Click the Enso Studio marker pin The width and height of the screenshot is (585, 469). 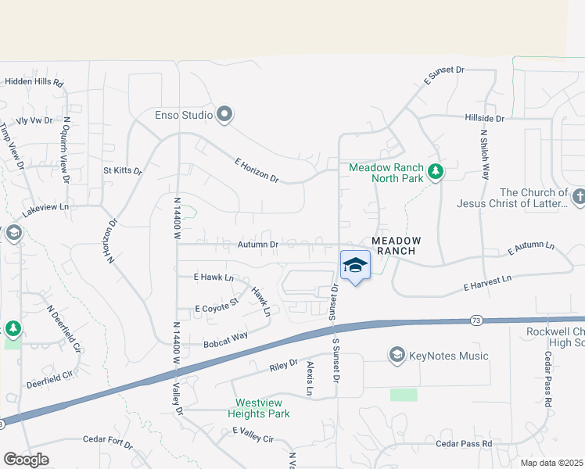[x=225, y=116]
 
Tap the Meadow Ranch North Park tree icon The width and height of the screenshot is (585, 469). [x=436, y=172]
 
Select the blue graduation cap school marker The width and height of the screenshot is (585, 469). [x=355, y=266]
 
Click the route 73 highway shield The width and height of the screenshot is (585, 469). [x=476, y=320]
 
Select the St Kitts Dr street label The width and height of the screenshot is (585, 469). [x=123, y=170]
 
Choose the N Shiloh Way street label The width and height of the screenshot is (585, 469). [x=485, y=156]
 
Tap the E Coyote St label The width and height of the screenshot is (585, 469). [x=216, y=304]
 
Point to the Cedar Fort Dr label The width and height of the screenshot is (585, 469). [x=107, y=443]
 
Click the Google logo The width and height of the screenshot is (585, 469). [x=26, y=460]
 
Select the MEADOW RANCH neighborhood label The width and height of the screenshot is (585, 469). [x=396, y=245]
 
